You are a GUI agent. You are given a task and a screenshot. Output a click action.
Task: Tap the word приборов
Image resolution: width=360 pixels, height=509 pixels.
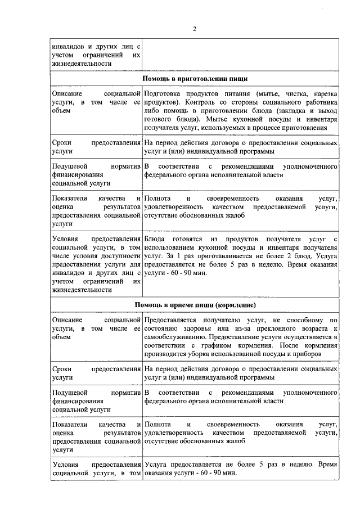(x=306, y=355)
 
